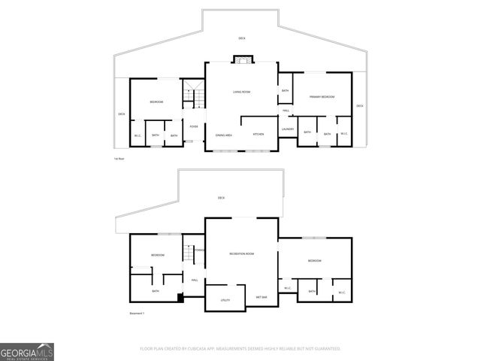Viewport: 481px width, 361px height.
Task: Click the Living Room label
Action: [x=240, y=92]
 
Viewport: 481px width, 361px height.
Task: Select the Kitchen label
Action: [x=258, y=135]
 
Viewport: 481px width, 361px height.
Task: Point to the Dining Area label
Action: [x=223, y=135]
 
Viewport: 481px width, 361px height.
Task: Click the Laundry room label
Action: [x=287, y=129]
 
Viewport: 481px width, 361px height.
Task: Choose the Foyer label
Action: [x=193, y=126]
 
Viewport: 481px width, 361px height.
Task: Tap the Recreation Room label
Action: [x=241, y=253]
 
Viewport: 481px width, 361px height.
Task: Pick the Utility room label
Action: [x=225, y=300]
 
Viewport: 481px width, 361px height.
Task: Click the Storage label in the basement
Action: [x=199, y=248]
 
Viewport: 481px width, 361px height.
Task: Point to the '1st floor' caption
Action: [x=117, y=159]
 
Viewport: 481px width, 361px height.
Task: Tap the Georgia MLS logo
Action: [x=27, y=351]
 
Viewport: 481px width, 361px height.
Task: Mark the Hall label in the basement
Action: [x=194, y=281]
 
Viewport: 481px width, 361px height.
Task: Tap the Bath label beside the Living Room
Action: [x=285, y=91]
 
